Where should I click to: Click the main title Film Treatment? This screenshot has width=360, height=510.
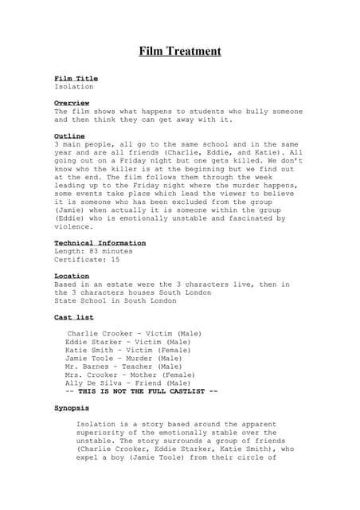click(x=180, y=52)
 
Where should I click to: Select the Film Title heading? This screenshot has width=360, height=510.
click(x=76, y=78)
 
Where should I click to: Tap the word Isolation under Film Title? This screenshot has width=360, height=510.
click(x=73, y=86)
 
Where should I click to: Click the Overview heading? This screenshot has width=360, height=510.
click(x=71, y=104)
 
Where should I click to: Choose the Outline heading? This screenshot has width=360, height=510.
click(x=69, y=137)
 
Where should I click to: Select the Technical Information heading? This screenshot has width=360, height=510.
click(x=100, y=243)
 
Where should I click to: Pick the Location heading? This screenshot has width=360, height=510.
click(x=71, y=276)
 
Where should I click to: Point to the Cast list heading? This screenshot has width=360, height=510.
click(x=73, y=317)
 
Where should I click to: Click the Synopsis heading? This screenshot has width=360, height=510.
click(x=71, y=408)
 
